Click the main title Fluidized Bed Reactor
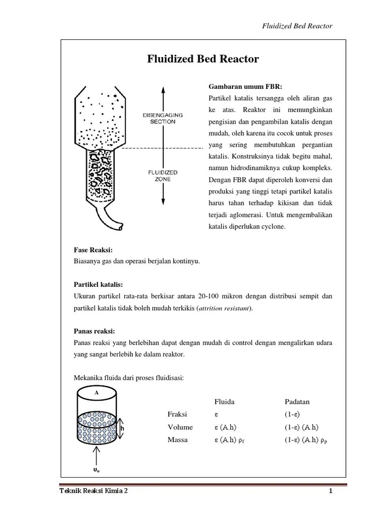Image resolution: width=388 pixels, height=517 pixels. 203,59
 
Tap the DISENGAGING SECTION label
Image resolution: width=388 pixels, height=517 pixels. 162,118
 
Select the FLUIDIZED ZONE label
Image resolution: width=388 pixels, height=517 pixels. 162,175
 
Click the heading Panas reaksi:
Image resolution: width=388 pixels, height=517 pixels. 95,331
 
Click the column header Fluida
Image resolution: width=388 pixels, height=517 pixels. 225,401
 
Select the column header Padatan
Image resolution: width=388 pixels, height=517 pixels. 297,401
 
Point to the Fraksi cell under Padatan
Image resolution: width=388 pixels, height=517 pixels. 293,414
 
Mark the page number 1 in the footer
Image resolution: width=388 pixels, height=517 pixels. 330,491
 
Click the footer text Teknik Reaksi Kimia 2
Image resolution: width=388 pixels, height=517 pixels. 93,491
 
